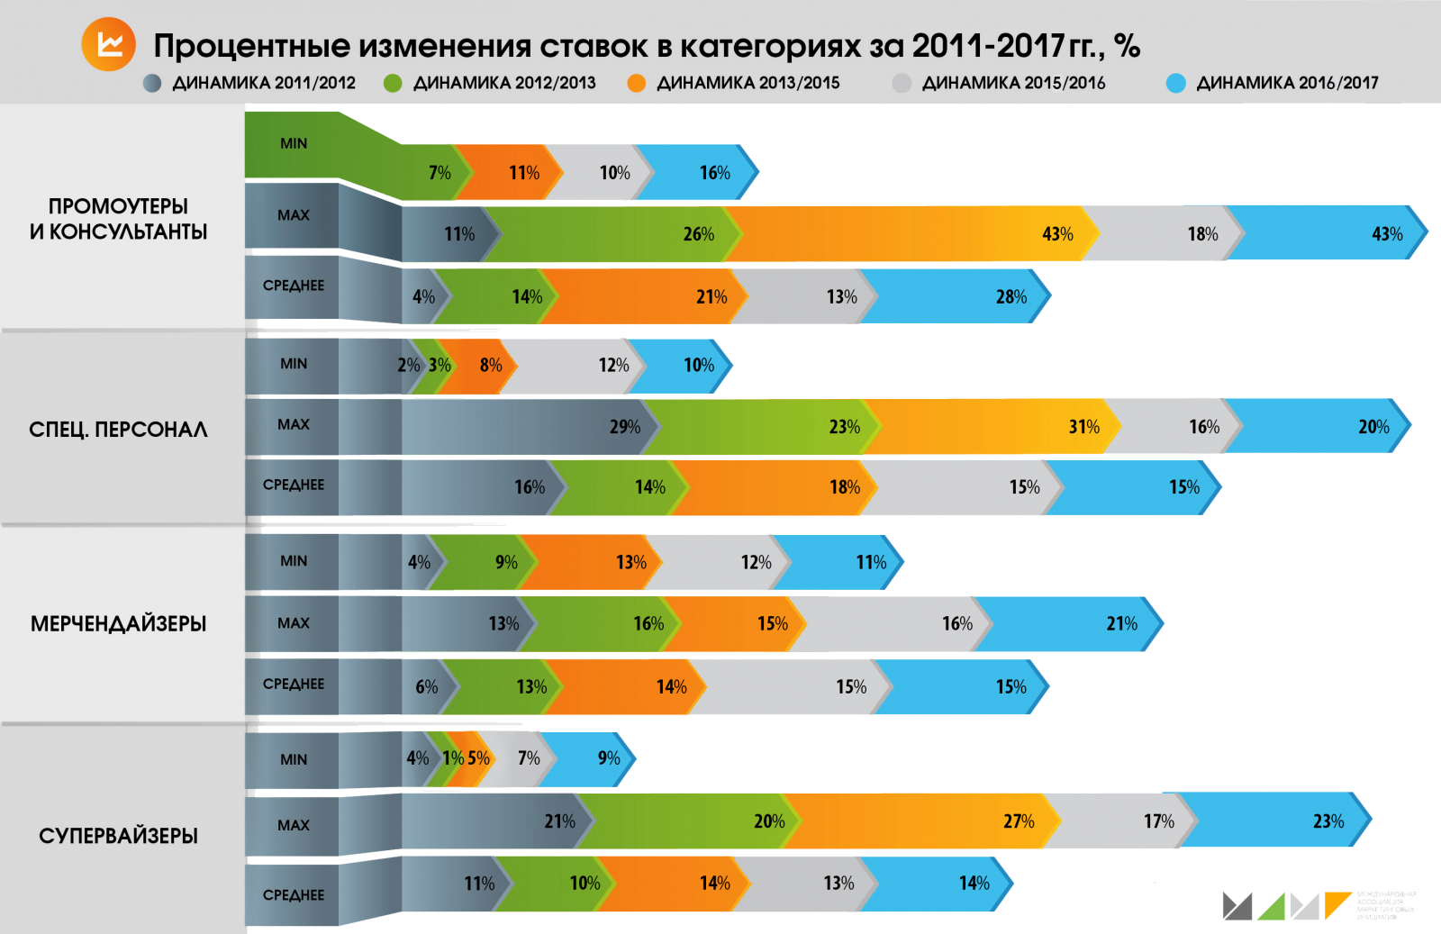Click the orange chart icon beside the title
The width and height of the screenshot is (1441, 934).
[108, 44]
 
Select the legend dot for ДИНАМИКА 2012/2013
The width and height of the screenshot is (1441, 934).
[393, 83]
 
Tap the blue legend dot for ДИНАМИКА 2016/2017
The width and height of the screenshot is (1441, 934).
[1175, 83]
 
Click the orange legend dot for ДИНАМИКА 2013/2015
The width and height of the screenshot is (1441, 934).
[637, 83]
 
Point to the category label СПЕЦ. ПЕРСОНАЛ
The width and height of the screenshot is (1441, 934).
[118, 430]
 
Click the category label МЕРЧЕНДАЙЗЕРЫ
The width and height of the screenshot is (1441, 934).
[118, 623]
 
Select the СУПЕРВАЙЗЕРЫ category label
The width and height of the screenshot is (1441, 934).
[118, 836]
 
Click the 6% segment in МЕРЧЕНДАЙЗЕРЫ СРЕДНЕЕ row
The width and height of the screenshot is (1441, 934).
[423, 687]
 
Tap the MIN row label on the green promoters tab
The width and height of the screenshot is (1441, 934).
[294, 143]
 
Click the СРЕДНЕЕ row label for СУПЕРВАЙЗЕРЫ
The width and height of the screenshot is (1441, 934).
[294, 895]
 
